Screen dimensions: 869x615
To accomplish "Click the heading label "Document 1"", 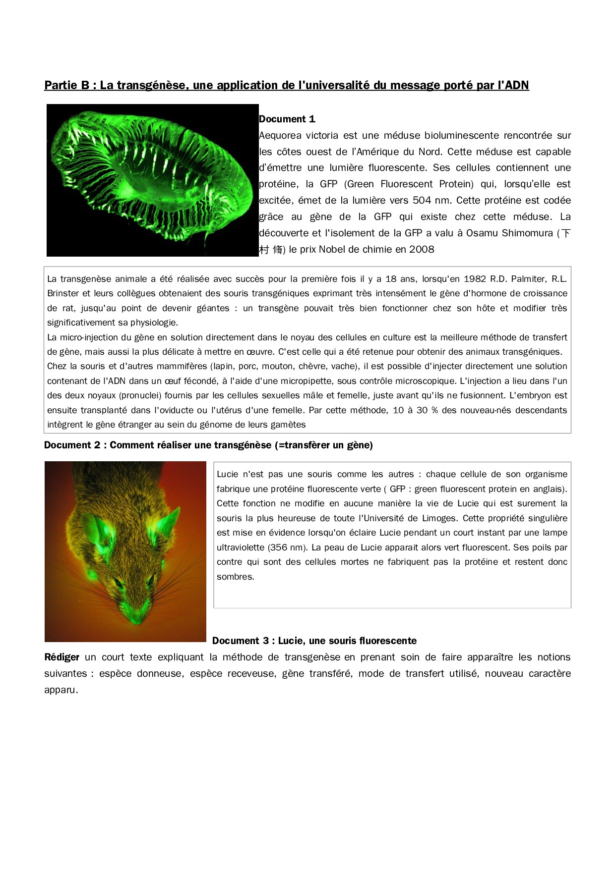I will click(287, 119).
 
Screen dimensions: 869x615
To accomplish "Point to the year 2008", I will click(422, 249).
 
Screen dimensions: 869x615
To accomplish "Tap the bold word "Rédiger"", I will click(61, 657).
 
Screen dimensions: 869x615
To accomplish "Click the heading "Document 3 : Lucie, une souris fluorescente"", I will click(314, 641).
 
